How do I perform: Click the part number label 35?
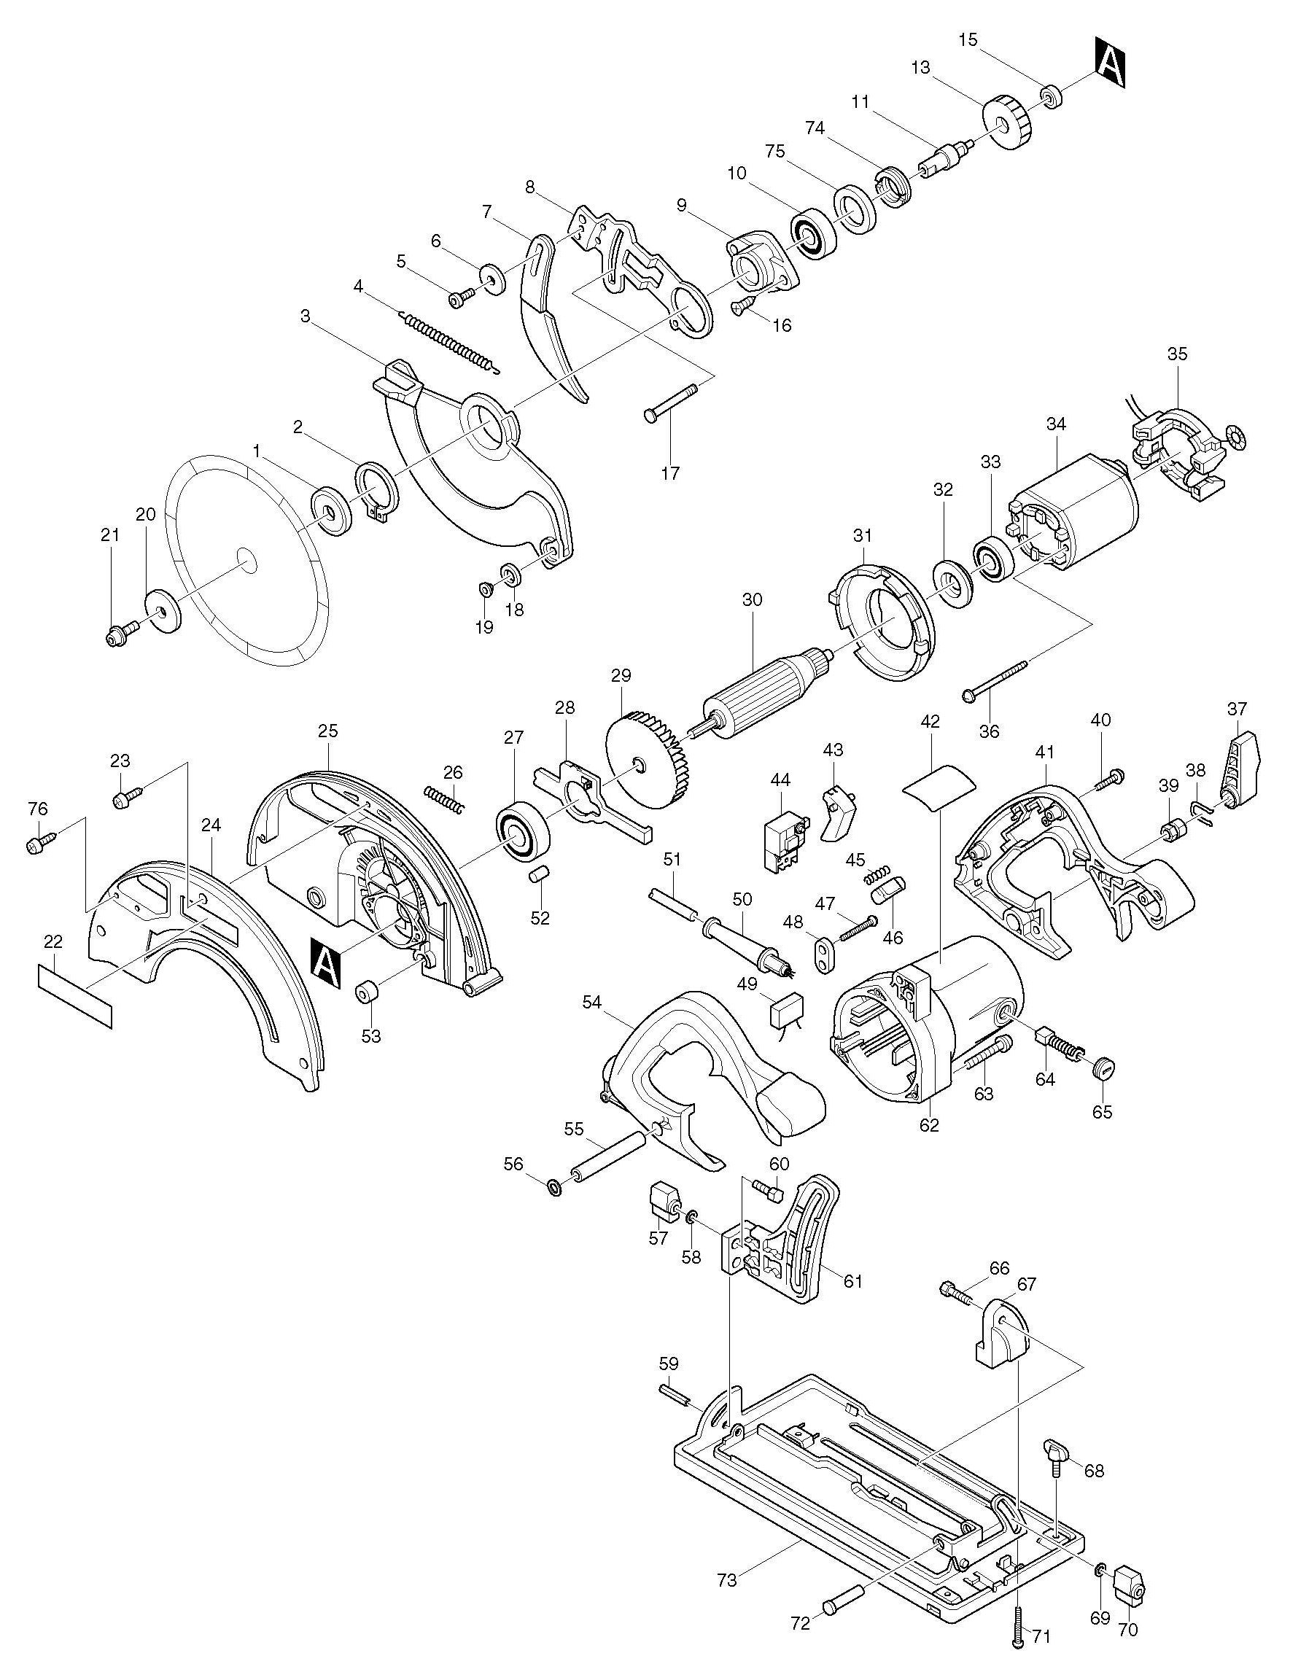point(1176,354)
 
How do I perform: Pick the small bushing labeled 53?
point(370,992)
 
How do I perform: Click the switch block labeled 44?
point(785,841)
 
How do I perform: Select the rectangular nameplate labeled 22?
point(75,995)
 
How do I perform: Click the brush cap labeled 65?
point(1102,1067)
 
